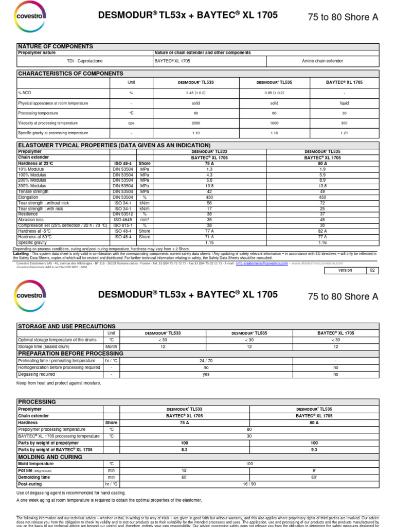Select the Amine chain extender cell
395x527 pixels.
pyautogui.click(x=322, y=61)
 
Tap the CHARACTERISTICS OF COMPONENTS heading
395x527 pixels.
pyautogui.click(x=71, y=74)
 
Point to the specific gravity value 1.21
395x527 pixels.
pyautogui.click(x=344, y=133)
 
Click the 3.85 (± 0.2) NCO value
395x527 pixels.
pyautogui.click(x=274, y=93)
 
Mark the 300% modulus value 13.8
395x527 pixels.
pyautogui.click(x=322, y=186)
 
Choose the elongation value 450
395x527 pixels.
pyautogui.click(x=322, y=197)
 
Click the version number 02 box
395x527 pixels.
pyautogui.click(x=372, y=270)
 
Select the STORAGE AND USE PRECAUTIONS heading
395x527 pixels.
pyautogui.click(x=67, y=326)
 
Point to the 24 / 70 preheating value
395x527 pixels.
pyautogui.click(x=206, y=361)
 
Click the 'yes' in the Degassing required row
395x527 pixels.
pyautogui.click(x=206, y=375)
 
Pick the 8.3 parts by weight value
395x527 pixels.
pyautogui.click(x=184, y=449)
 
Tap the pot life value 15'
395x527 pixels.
pyautogui.click(x=184, y=470)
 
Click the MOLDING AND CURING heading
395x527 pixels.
pyautogui.click(x=50, y=456)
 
